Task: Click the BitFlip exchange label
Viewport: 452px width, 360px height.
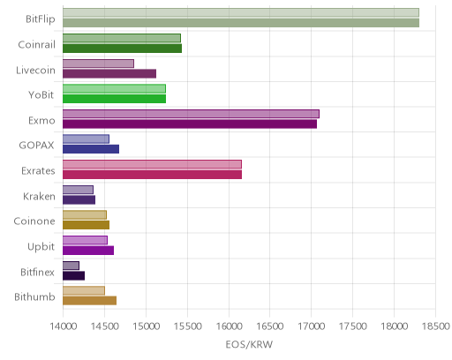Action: click(x=41, y=19)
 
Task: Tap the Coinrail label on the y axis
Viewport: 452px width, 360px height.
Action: click(x=36, y=44)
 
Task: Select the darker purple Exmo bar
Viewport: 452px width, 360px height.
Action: click(x=190, y=124)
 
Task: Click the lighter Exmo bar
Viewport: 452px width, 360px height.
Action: click(x=191, y=114)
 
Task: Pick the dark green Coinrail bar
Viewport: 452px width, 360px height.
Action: click(x=122, y=49)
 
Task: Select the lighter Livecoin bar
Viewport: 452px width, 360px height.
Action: click(x=98, y=64)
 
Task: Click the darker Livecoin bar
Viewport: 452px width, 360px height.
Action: click(x=109, y=73)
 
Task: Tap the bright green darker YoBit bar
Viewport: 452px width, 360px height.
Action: click(x=114, y=99)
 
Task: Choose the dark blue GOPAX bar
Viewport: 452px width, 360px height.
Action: click(x=91, y=149)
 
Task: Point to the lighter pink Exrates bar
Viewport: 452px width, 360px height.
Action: click(x=152, y=164)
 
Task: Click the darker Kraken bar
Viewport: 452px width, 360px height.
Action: click(x=79, y=199)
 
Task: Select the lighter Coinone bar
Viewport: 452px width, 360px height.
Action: click(x=85, y=214)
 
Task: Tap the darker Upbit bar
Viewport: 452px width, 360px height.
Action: click(x=88, y=251)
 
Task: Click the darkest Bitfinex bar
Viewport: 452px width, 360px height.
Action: click(x=73, y=275)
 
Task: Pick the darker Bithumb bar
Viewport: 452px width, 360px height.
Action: click(x=89, y=301)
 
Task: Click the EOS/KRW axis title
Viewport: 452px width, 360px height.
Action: click(x=249, y=344)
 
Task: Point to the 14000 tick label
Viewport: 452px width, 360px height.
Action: click(x=64, y=326)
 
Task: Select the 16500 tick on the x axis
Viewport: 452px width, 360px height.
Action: click(x=270, y=326)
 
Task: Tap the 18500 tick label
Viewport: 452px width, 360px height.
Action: click(x=436, y=326)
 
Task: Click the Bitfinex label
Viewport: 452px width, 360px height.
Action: click(x=37, y=272)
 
